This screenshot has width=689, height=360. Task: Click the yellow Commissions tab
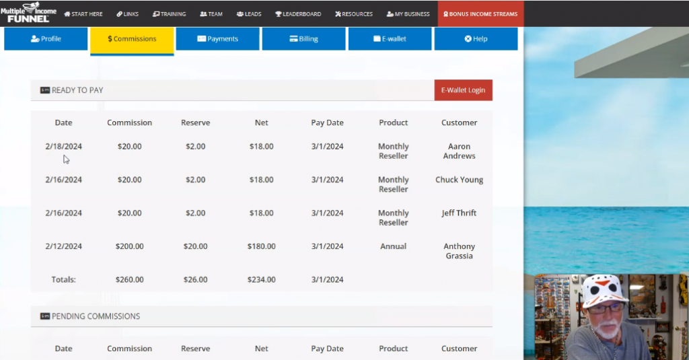(132, 39)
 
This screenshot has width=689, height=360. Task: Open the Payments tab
(217, 39)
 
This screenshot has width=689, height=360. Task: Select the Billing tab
(303, 39)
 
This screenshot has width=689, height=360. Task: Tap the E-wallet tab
(390, 39)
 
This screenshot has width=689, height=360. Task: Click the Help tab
(476, 39)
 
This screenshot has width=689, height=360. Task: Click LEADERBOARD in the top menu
(298, 14)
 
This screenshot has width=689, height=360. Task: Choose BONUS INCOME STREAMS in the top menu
(480, 14)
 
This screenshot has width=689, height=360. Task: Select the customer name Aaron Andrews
(459, 151)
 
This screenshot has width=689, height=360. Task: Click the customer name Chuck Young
(459, 180)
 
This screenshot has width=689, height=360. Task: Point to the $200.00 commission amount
(129, 246)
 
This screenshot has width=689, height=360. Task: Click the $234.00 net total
(261, 279)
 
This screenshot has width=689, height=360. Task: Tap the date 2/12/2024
(63, 246)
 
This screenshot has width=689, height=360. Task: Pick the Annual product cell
(393, 246)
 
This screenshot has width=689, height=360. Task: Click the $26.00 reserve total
(195, 279)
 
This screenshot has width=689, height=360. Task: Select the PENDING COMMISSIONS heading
(96, 316)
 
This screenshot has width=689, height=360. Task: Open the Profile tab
(46, 39)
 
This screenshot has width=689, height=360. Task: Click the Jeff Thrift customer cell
(459, 213)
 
